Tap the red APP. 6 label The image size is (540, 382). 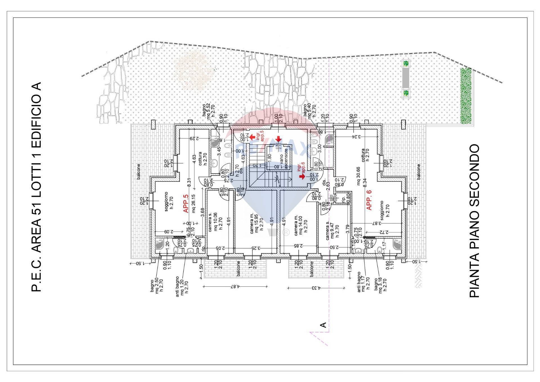coord(369,200)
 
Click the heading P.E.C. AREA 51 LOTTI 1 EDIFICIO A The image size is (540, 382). coord(36,187)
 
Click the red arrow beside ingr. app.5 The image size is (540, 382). coord(252,137)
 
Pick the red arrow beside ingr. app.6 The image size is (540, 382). coord(302,177)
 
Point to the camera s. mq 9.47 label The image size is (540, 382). coord(332,228)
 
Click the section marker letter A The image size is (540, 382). coord(323,325)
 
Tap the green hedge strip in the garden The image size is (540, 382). coord(466,96)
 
